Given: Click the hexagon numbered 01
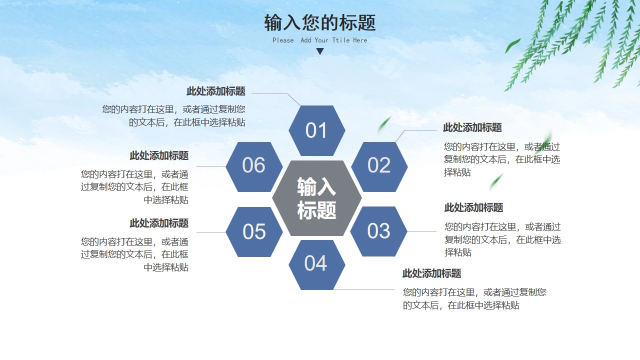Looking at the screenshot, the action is pos(317,130).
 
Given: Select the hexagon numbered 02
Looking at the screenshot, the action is pos(379,167).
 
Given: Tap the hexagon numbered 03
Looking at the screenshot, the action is pos(378,231).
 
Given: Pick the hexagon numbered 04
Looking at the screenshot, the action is pos(317,265).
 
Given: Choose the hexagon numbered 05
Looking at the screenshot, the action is pos(254,231).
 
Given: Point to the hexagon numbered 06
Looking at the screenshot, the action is pos(254,167).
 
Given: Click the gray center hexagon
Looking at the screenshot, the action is pos(317,198).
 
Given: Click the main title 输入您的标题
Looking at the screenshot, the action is pos(319,22).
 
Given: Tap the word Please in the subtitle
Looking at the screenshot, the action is pos(283,40).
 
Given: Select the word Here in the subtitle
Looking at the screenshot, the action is pos(360,40).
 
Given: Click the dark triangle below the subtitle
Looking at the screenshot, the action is pos(320,51).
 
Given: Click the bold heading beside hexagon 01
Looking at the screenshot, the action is pos(216,91).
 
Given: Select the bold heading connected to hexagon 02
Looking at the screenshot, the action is pos(472,127).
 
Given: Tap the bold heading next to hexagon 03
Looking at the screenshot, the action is pos(473,207).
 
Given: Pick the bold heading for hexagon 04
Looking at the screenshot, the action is pos(431,273).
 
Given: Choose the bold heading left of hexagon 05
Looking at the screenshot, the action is pos(159,223).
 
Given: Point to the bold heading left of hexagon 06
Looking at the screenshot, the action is pos(159,155).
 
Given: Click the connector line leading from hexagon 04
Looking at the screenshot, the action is pos(363,289).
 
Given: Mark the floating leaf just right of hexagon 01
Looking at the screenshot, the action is pos(384,124).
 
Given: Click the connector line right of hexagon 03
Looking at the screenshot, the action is pos(421,231).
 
